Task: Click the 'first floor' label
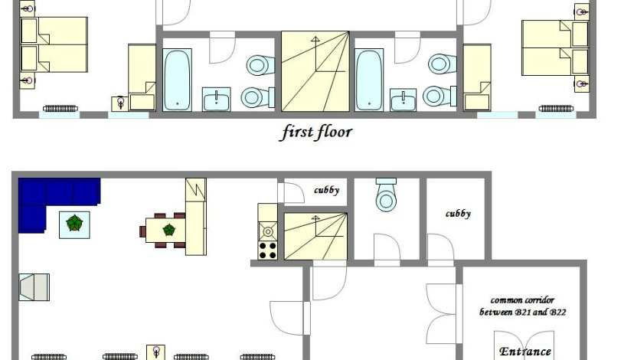click(317, 133)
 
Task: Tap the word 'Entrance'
click(525, 352)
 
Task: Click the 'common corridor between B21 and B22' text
click(522, 306)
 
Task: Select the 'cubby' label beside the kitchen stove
click(326, 190)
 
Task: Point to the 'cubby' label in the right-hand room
click(458, 214)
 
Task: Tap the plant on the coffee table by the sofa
click(74, 223)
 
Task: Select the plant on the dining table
click(169, 229)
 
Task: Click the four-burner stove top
click(268, 250)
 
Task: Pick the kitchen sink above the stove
click(268, 231)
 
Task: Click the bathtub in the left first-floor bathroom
click(177, 80)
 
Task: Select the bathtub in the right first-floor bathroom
click(369, 80)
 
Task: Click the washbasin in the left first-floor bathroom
click(217, 99)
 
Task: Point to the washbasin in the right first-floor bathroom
click(403, 100)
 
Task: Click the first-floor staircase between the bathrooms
click(315, 71)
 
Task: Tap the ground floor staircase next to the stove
click(315, 236)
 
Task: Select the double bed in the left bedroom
click(54, 44)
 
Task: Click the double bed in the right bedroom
click(555, 47)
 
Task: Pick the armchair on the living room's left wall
click(34, 287)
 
